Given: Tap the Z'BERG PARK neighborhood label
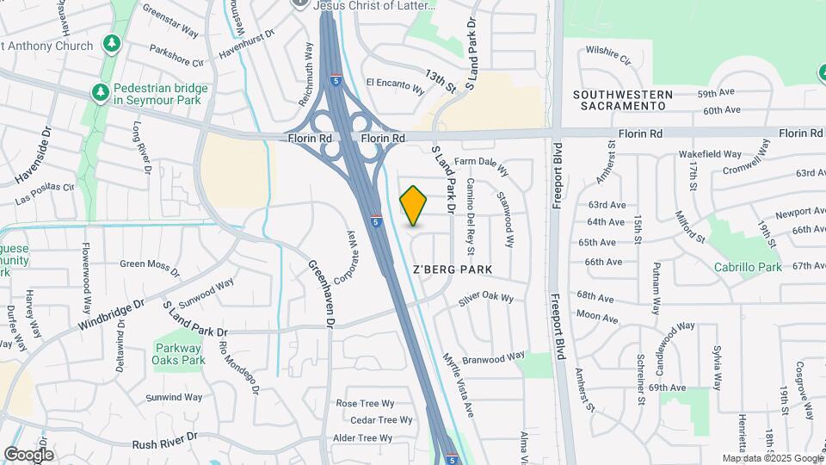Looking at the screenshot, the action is [453, 270].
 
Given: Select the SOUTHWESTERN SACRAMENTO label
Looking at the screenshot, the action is [619, 99].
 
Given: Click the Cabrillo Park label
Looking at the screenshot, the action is [748, 267].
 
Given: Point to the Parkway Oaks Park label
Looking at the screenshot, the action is [180, 354].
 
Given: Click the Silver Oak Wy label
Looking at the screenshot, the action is [486, 299].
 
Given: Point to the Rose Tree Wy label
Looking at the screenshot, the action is [365, 403].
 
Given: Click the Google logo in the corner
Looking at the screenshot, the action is [28, 454].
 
